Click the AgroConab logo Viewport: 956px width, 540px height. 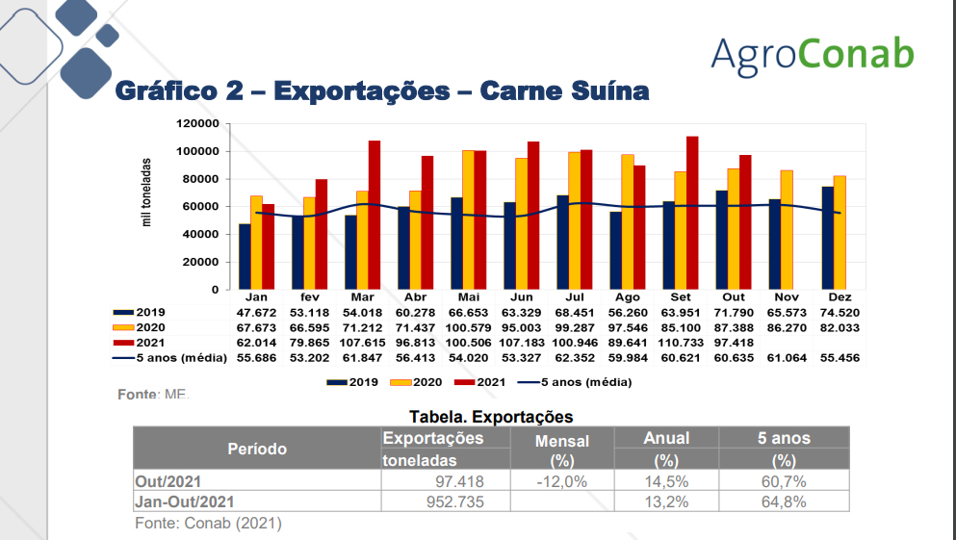812,54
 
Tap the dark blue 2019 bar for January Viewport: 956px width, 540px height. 245,256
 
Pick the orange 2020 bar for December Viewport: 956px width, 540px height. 840,232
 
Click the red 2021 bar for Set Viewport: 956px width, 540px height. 691,213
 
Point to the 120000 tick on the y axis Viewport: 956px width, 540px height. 197,124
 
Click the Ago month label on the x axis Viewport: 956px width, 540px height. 627,297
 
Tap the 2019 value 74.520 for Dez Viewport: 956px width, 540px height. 839,313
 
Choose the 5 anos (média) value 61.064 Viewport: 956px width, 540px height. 786,358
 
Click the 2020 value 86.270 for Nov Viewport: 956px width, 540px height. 786,328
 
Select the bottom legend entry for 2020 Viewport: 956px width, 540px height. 415,382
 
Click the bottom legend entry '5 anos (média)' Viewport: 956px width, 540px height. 575,382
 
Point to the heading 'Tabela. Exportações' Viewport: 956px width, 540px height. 491,417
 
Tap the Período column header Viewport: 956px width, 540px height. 257,449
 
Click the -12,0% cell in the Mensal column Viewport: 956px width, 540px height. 561,481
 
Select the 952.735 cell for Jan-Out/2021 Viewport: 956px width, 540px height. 454,501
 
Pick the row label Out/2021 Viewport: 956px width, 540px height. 168,481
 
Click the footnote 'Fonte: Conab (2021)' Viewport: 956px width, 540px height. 208,523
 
